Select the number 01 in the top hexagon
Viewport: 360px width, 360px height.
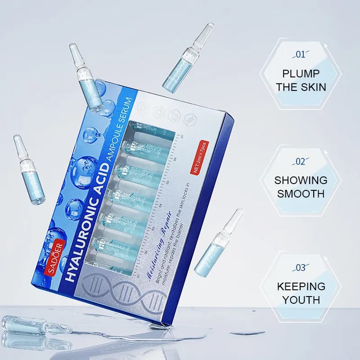click(300, 55)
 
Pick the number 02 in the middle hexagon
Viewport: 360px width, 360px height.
click(300, 162)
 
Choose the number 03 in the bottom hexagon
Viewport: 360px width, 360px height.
click(300, 268)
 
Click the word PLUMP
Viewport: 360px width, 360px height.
click(301, 74)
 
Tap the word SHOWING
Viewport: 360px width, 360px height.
click(301, 180)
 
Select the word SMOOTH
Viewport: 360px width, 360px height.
click(301, 194)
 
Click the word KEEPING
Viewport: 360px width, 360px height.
click(301, 286)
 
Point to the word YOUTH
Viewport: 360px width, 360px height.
click(301, 300)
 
